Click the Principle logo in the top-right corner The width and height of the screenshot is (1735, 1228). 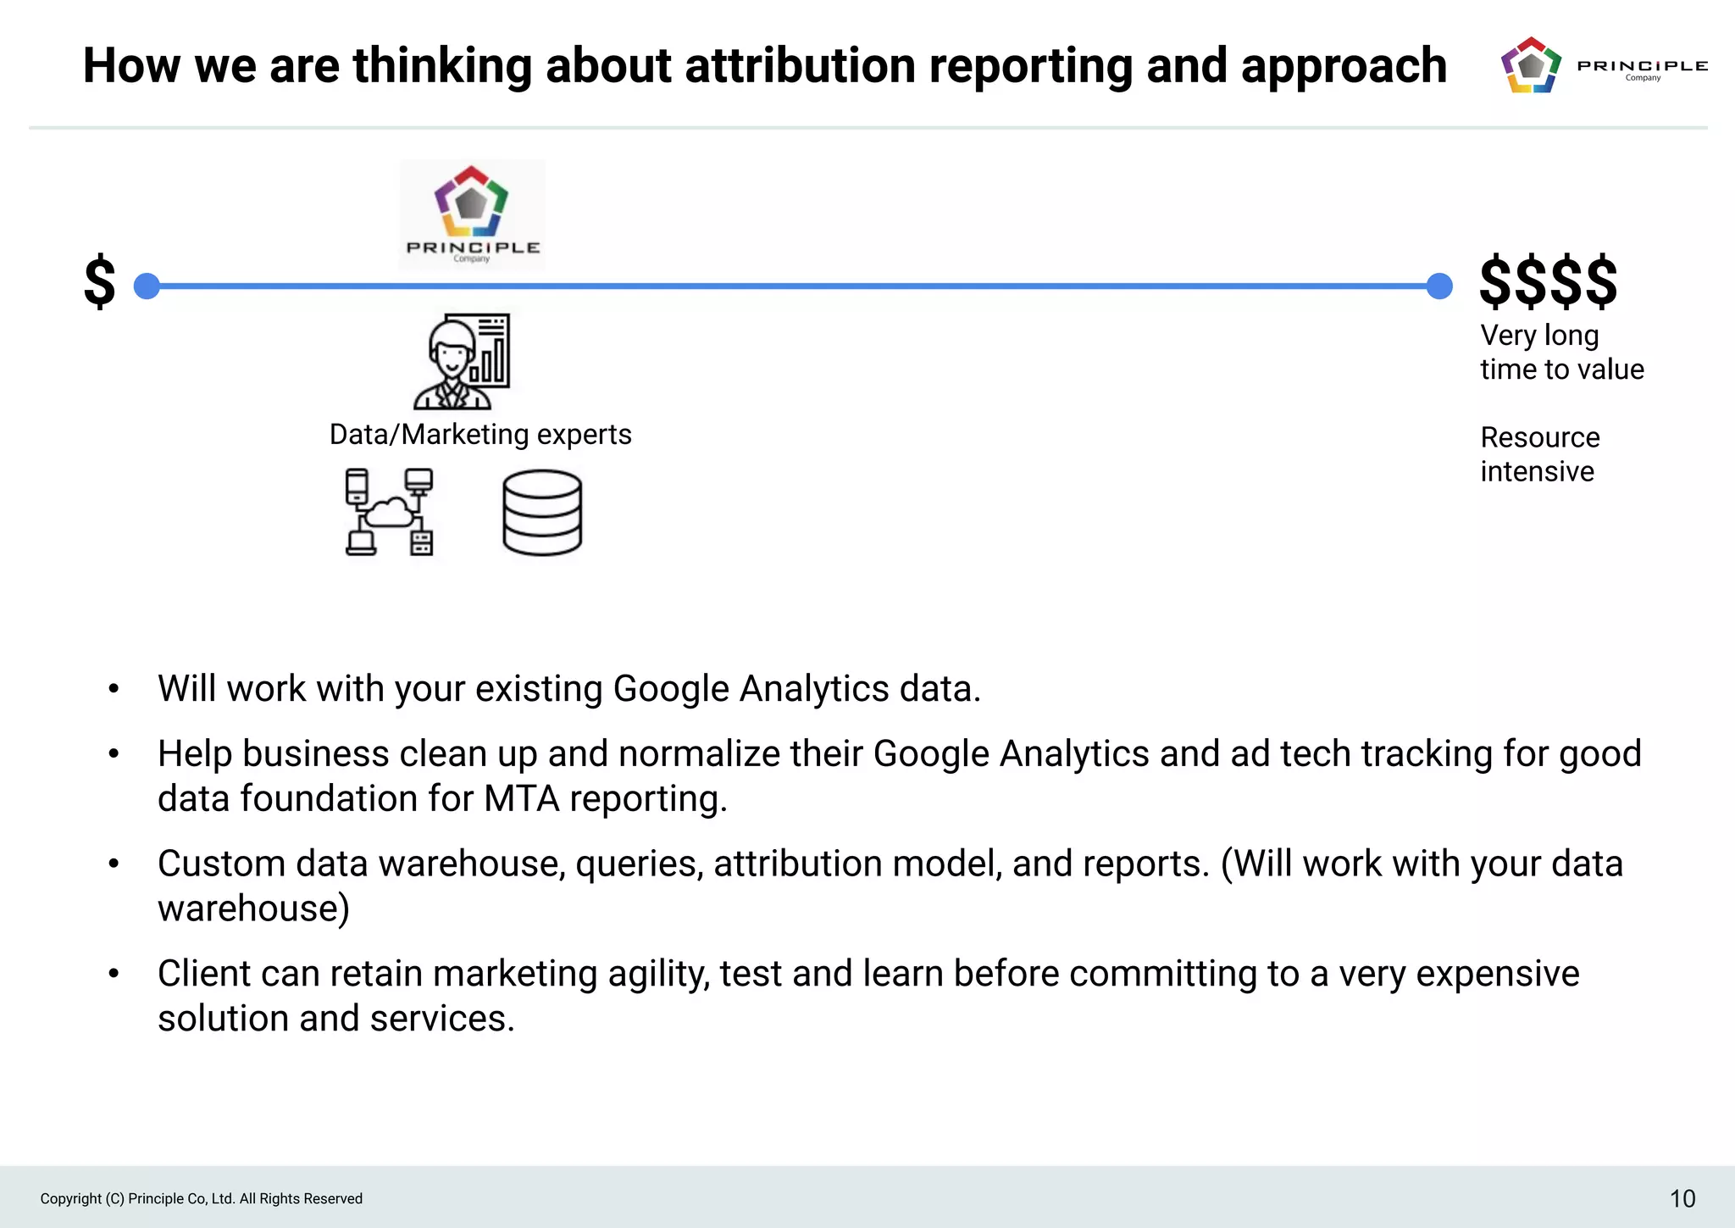pos(1601,65)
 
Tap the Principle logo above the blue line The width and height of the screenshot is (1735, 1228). pos(472,214)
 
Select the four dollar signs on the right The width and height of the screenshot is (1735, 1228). pos(1548,281)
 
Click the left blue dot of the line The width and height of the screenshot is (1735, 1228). pos(147,286)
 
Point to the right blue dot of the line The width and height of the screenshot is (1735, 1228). pos(1439,286)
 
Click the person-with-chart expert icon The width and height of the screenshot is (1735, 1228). pos(462,362)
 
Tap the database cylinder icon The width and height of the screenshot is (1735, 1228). pos(542,513)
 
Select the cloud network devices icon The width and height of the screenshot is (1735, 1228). pos(390,513)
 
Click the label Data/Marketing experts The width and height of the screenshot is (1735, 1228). pos(480,435)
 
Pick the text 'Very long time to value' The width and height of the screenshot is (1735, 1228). pos(1561,353)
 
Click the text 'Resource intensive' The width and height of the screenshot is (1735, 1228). pos(1539,454)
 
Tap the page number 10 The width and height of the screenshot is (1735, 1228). pos(1682,1198)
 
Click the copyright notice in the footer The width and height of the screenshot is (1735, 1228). pos(202,1198)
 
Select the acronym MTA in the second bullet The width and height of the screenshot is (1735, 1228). pos(521,798)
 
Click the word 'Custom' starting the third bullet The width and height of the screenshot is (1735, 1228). pos(221,864)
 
